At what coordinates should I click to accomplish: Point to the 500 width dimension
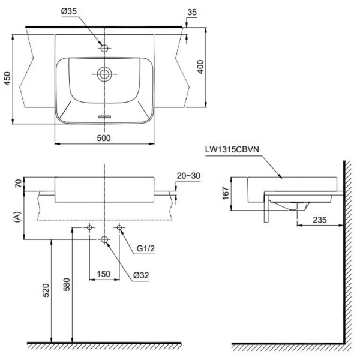[x=104, y=137]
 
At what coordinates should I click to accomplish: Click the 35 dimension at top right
[x=192, y=12]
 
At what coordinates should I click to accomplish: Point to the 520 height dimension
[x=45, y=292]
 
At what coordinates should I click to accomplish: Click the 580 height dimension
[x=65, y=292]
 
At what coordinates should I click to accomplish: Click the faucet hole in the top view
[x=104, y=47]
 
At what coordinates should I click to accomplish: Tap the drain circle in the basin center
[x=104, y=74]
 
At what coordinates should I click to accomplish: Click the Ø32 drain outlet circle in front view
[x=104, y=239]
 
